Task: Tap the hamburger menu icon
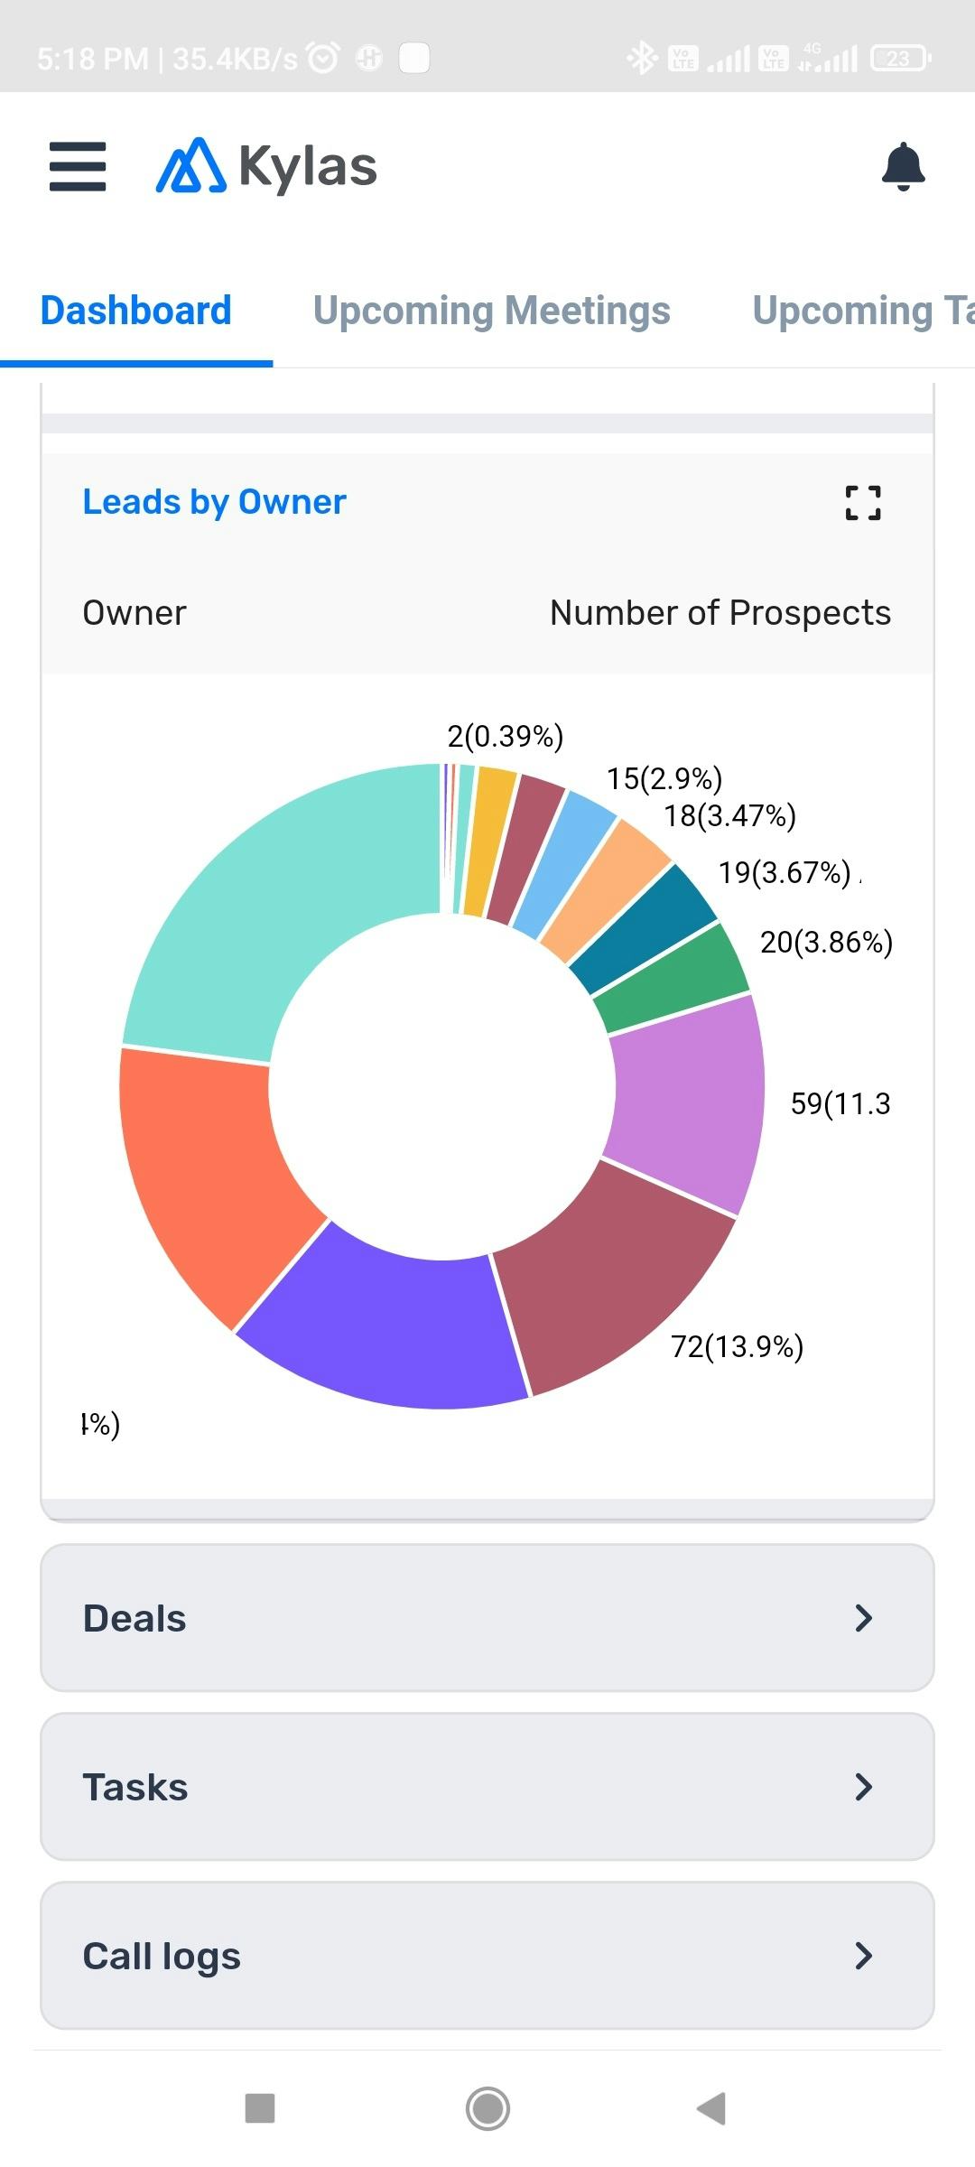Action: tap(78, 167)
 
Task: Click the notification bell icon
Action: tap(903, 167)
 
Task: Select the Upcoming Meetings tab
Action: tap(491, 311)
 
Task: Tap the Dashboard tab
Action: tap(136, 311)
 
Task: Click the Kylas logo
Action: tap(267, 167)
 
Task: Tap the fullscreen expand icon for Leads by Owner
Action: tap(863, 503)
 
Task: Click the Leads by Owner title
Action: tap(214, 502)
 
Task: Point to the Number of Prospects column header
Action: tap(720, 613)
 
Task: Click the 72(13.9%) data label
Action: tap(737, 1347)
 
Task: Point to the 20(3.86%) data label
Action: tap(826, 943)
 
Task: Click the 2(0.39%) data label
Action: tap(506, 737)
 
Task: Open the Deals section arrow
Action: tap(863, 1618)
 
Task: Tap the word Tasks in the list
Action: tap(135, 1788)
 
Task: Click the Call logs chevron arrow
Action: tap(863, 1956)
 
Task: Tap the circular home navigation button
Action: tap(487, 2109)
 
